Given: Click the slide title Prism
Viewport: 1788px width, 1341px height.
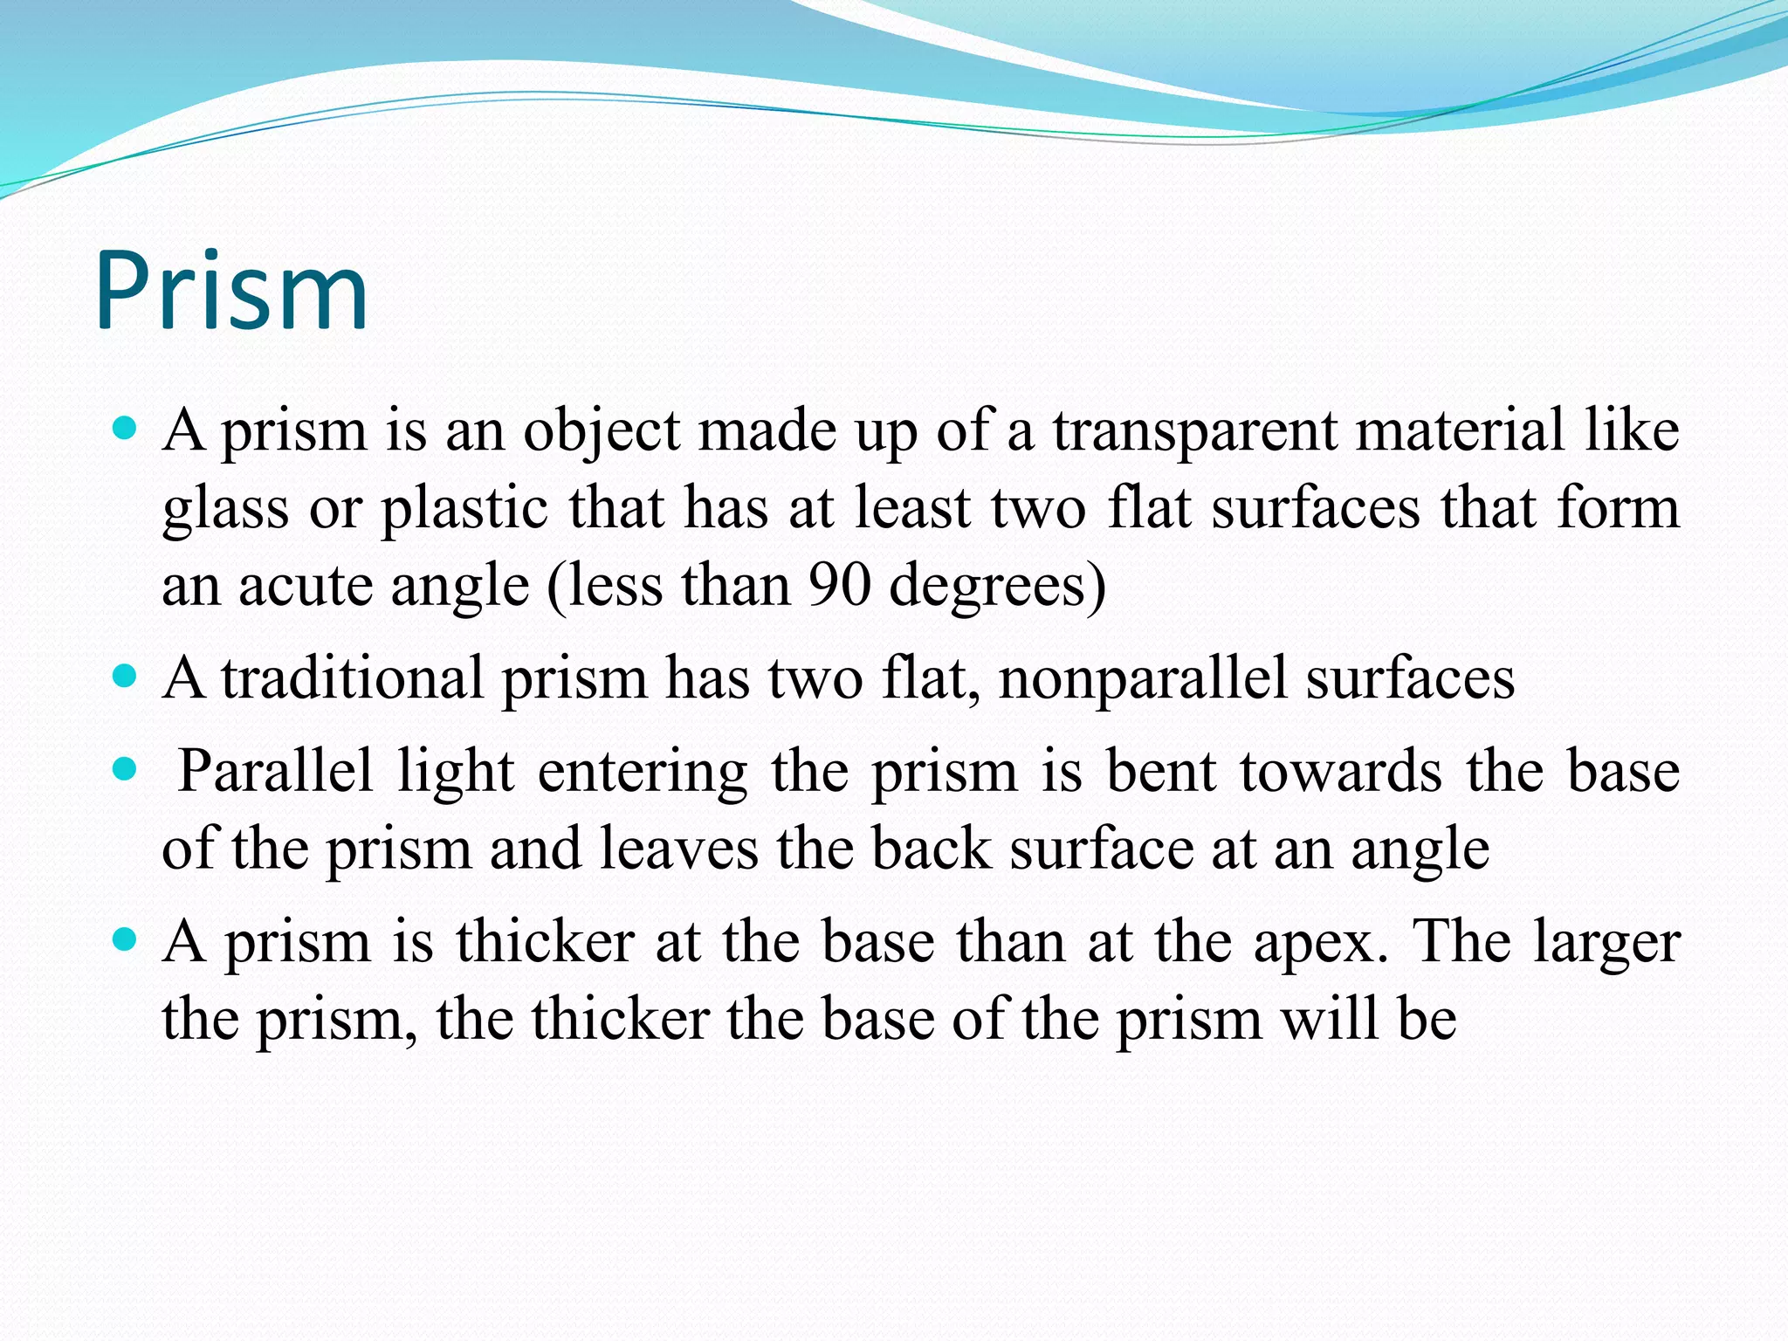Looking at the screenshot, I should [x=231, y=292].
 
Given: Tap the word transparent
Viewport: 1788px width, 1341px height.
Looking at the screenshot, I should [x=1194, y=430].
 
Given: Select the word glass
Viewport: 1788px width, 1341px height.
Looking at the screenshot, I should [x=225, y=510].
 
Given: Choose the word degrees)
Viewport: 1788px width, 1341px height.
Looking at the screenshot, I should [x=997, y=587].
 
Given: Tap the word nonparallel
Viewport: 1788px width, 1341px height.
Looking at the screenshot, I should [x=1142, y=678].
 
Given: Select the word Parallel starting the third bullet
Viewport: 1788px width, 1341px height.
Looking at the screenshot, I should [x=275, y=772].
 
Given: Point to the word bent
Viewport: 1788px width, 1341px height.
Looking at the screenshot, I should [x=1161, y=772].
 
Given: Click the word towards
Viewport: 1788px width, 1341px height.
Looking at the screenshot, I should [x=1340, y=772].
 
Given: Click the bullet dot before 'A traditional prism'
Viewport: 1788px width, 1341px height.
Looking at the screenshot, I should [x=126, y=676].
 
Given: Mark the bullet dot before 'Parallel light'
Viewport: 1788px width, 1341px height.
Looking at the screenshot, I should [x=126, y=769].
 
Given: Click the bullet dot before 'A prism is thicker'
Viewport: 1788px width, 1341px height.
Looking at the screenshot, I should [x=126, y=940].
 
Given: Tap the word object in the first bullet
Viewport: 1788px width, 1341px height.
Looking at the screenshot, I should [x=601, y=432].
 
